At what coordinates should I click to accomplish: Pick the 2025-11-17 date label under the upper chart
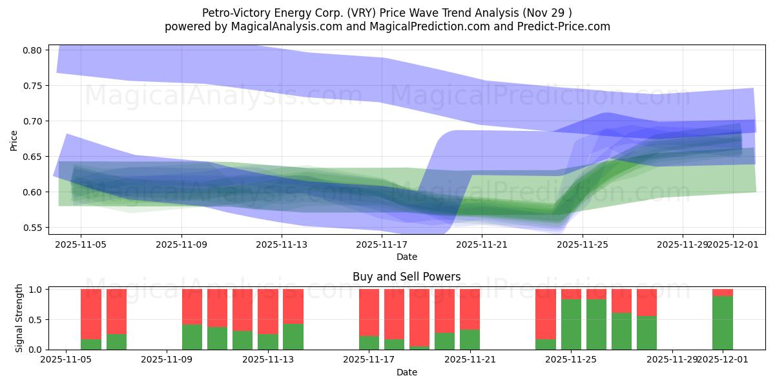click(382, 244)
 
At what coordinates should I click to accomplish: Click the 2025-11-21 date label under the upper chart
click(482, 244)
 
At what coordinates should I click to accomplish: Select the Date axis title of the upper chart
click(407, 257)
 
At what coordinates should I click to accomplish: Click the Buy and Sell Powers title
click(407, 277)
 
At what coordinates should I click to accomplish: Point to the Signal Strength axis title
click(19, 319)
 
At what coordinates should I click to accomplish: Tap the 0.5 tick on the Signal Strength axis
click(36, 319)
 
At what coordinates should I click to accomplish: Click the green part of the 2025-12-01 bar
click(723, 322)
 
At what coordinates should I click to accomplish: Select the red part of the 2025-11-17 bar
click(369, 312)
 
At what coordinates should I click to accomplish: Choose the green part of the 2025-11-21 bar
click(470, 340)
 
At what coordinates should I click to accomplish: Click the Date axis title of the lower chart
click(407, 372)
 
